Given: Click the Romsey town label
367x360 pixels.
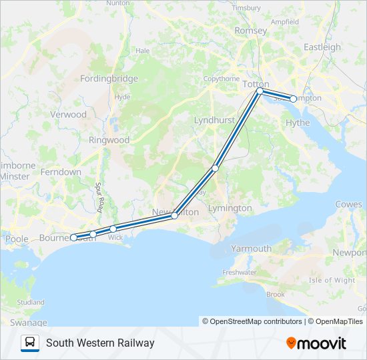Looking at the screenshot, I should (251, 31).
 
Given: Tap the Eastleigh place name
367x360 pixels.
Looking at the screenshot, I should (322, 47).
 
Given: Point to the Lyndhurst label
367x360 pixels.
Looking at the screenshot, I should (214, 120).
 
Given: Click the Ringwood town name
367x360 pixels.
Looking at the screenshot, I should (109, 141).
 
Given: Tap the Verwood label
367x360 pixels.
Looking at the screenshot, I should (69, 115).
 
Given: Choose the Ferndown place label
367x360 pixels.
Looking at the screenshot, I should (60, 172).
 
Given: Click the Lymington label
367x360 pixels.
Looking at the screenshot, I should (230, 209).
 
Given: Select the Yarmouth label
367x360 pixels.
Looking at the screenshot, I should (251, 249).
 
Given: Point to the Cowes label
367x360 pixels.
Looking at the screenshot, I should (348, 204).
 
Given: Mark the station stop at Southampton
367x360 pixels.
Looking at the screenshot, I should (293, 99).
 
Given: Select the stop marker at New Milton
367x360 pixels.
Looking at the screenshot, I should (174, 215).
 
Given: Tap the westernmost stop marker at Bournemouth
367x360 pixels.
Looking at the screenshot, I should (73, 237).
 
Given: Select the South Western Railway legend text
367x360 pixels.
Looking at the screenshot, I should (100, 343).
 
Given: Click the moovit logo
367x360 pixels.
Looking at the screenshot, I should (316, 343).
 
